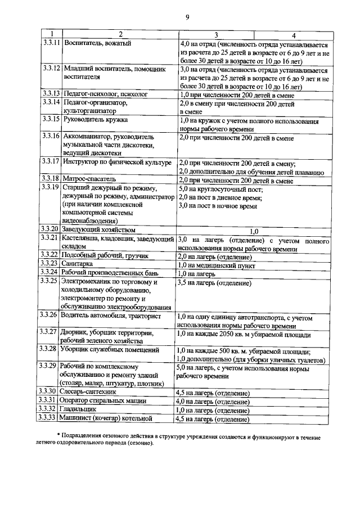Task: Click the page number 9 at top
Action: (x=187, y=17)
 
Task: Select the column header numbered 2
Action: (x=120, y=34)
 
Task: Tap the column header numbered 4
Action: (x=293, y=35)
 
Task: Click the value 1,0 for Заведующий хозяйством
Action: (x=253, y=229)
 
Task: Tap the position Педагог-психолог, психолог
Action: (x=106, y=93)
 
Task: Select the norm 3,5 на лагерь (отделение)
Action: (x=214, y=282)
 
